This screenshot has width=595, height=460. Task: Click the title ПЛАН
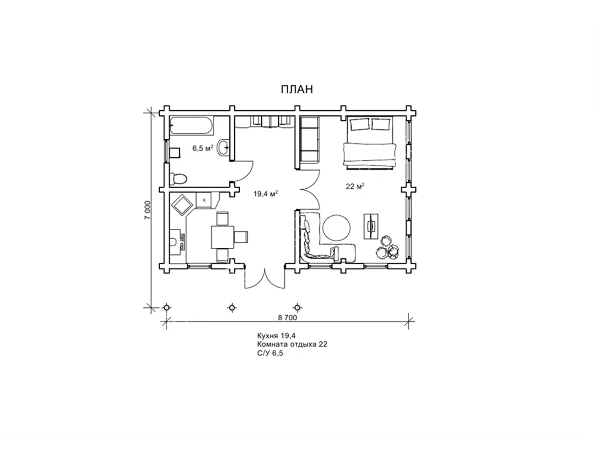(x=297, y=89)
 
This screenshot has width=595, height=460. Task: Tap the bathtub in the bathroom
(x=192, y=126)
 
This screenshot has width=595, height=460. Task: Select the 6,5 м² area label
(x=203, y=148)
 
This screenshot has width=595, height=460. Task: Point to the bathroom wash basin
(x=224, y=148)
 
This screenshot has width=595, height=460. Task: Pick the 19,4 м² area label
(x=266, y=194)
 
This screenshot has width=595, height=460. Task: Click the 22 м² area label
(x=355, y=187)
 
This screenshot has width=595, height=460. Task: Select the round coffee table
(x=336, y=227)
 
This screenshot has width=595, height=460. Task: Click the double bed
(x=369, y=143)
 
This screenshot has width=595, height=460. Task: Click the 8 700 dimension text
(x=287, y=317)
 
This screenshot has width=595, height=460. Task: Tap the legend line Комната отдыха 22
(x=292, y=344)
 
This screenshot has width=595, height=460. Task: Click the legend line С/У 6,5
(x=270, y=353)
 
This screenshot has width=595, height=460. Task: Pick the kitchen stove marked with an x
(x=204, y=200)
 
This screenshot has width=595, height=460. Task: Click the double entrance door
(x=265, y=278)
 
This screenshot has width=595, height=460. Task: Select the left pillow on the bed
(x=359, y=125)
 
